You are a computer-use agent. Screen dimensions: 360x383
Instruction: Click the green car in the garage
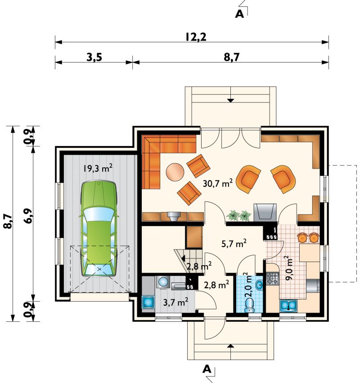pos(99,228)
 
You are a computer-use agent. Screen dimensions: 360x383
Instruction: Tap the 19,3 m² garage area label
pos(98,168)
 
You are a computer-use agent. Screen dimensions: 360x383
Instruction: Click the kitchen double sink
pos(288,306)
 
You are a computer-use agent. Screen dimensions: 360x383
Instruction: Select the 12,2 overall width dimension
pos(196,37)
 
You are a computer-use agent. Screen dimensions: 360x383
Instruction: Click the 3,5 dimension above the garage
pos(94,58)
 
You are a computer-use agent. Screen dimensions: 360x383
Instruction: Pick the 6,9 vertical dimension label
pos(27,216)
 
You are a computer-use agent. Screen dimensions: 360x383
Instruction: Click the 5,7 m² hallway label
pos(234,244)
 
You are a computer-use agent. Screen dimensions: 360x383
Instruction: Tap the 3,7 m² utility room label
pos(175,303)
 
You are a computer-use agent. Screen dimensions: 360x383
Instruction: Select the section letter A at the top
pos(239,14)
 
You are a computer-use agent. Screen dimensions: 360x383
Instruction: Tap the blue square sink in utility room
pos(148,303)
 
